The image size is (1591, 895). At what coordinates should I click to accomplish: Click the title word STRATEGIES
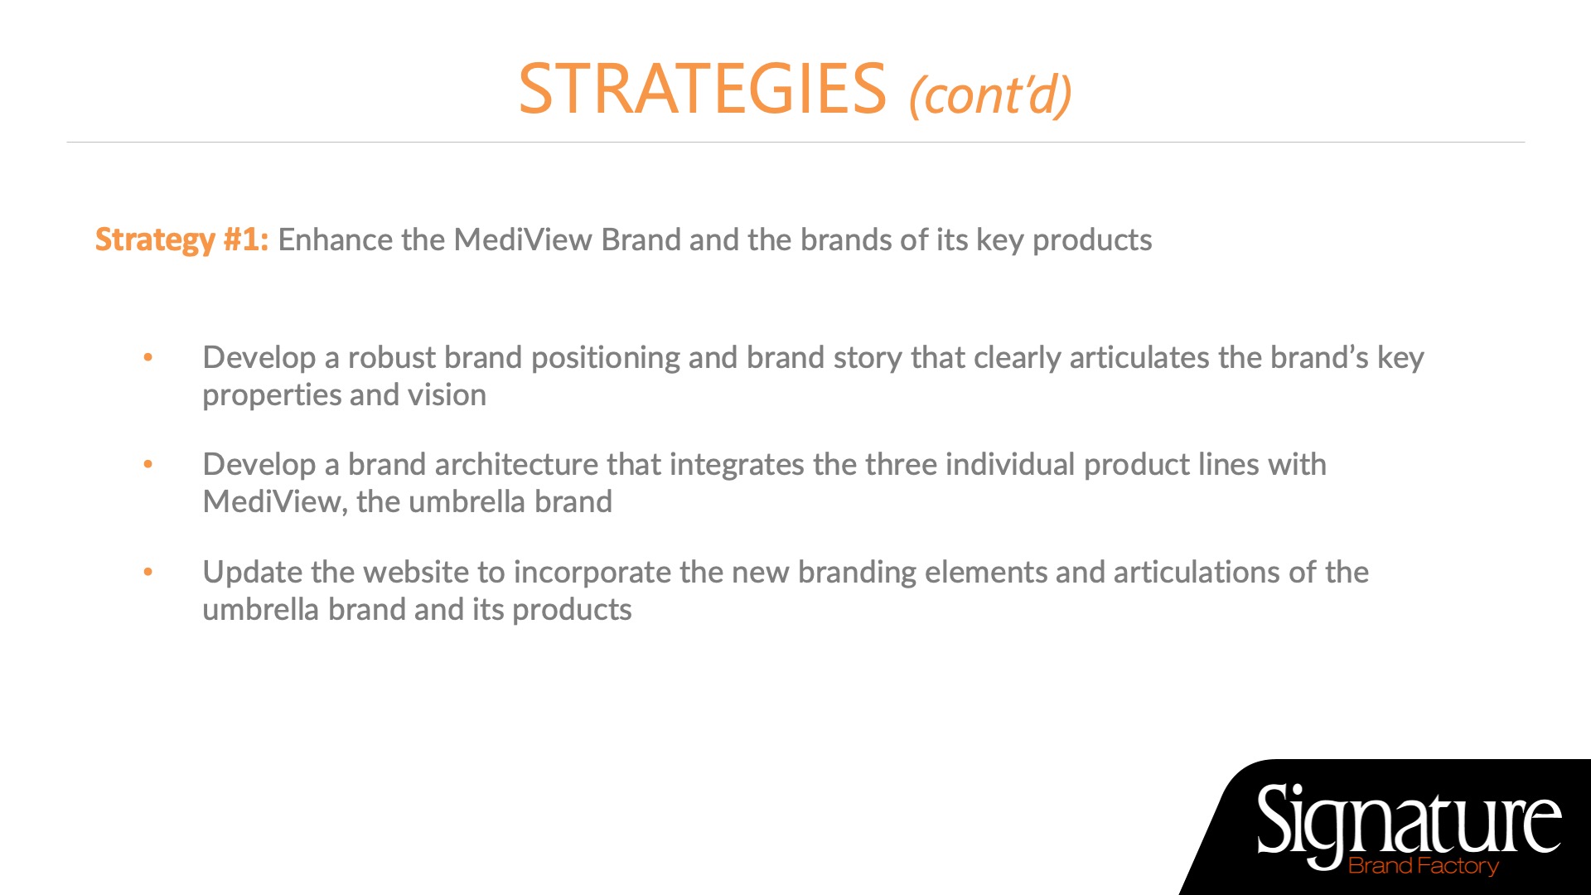point(703,89)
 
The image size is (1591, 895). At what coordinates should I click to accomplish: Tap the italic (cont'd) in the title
point(990,94)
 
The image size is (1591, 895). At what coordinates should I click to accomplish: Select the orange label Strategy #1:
point(181,240)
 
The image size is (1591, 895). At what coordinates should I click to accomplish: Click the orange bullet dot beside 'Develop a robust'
point(148,358)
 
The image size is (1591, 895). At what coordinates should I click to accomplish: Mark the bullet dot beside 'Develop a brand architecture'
point(148,465)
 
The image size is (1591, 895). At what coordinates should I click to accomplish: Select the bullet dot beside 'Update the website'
point(148,573)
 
